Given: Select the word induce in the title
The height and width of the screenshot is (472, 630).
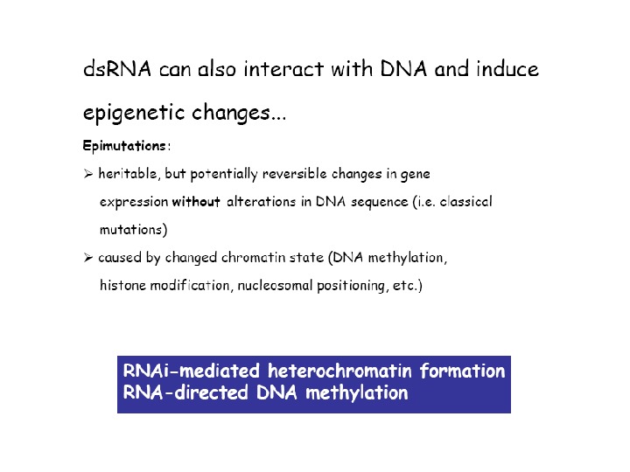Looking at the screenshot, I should click(507, 69).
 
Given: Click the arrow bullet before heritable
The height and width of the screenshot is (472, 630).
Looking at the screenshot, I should click(87, 174).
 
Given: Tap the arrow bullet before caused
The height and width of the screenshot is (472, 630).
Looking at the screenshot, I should click(87, 259).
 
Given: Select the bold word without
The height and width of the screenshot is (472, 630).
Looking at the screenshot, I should click(196, 202).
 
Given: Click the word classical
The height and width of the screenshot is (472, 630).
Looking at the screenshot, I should click(465, 202).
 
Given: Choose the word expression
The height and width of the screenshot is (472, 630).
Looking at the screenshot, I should click(134, 202).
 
